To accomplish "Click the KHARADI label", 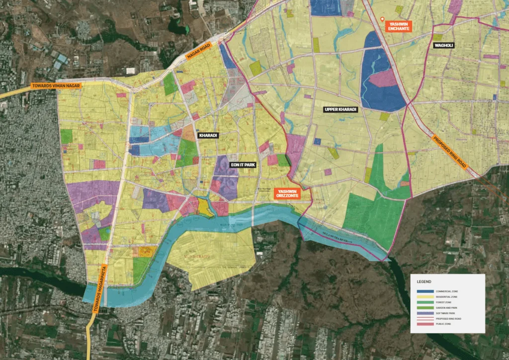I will (x=208, y=135).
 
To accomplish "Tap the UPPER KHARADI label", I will (x=340, y=109).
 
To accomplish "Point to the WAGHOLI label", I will (x=444, y=45).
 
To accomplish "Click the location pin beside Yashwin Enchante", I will (x=382, y=20).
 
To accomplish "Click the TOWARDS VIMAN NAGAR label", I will (x=55, y=86).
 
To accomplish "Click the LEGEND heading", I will (x=424, y=281).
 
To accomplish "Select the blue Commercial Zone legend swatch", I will (x=425, y=291).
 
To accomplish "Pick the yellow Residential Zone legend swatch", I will (x=425, y=297).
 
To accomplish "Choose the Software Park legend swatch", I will (x=425, y=313).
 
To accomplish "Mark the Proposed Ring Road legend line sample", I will (x=425, y=318).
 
